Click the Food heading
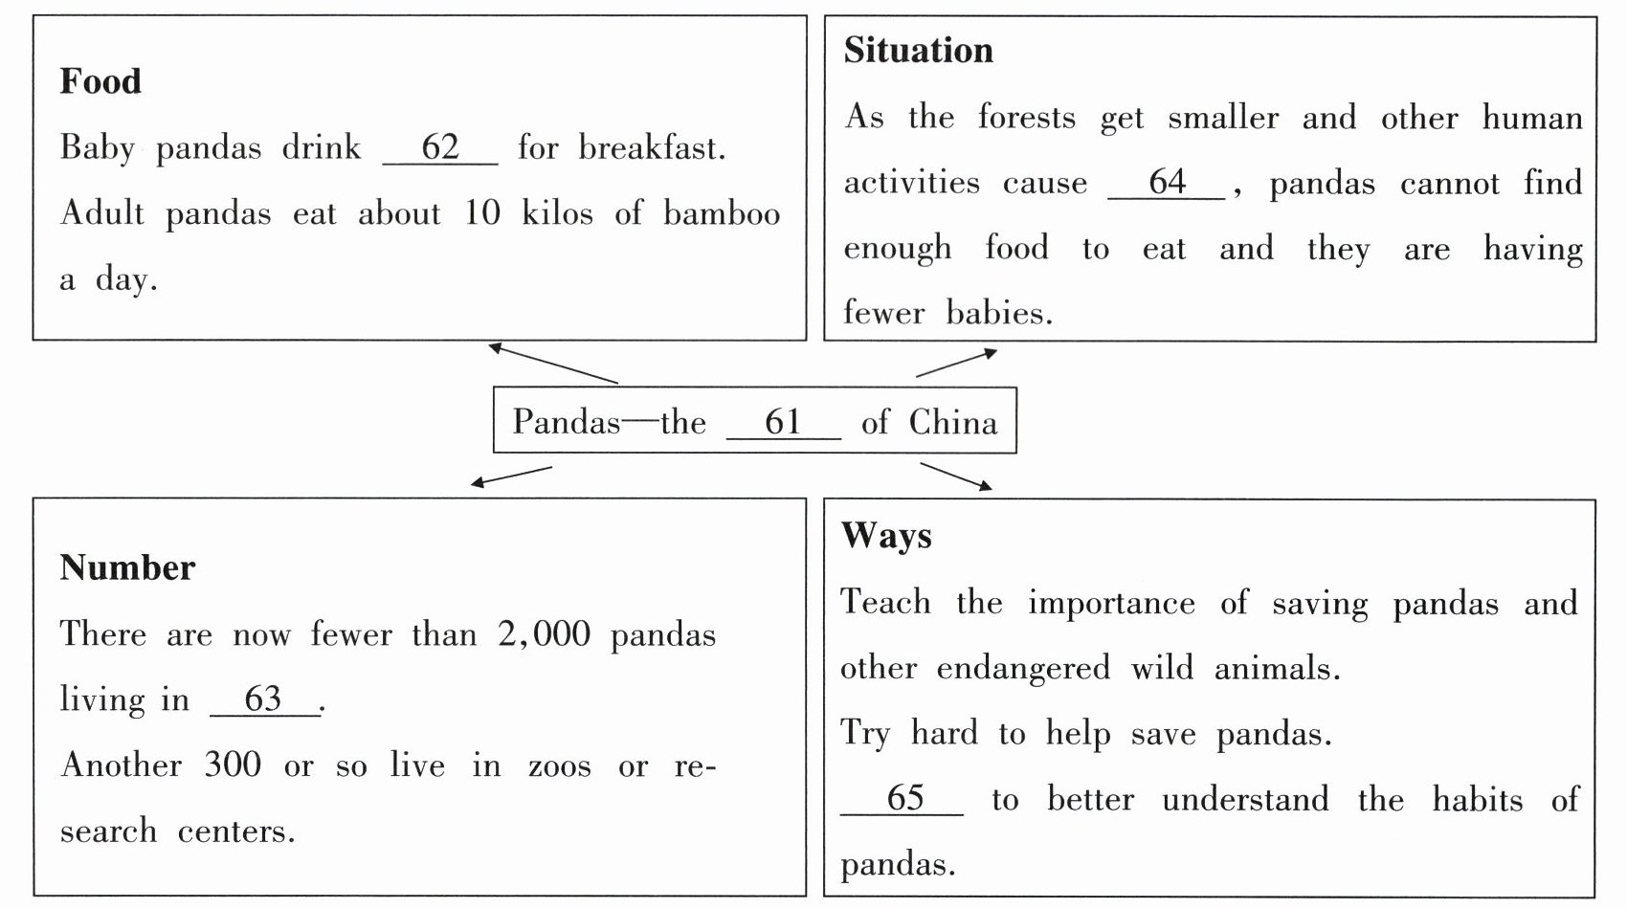[x=100, y=81]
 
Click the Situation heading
[x=918, y=51]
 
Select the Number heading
[x=127, y=568]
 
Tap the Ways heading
[x=886, y=535]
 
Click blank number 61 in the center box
[x=783, y=422]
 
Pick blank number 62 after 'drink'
[x=440, y=147]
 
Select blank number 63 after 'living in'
[x=264, y=699]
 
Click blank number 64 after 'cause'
[x=1167, y=182]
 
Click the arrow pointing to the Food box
[x=553, y=364]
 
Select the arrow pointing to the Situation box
[x=956, y=363]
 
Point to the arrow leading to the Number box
[x=512, y=476]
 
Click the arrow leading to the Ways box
[x=956, y=477]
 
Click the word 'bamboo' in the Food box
[x=722, y=213]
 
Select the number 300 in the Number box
[x=232, y=765]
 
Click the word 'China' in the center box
[x=952, y=422]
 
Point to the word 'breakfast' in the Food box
[x=651, y=147]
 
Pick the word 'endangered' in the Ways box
[x=1022, y=668]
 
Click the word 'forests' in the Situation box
[x=1026, y=117]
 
